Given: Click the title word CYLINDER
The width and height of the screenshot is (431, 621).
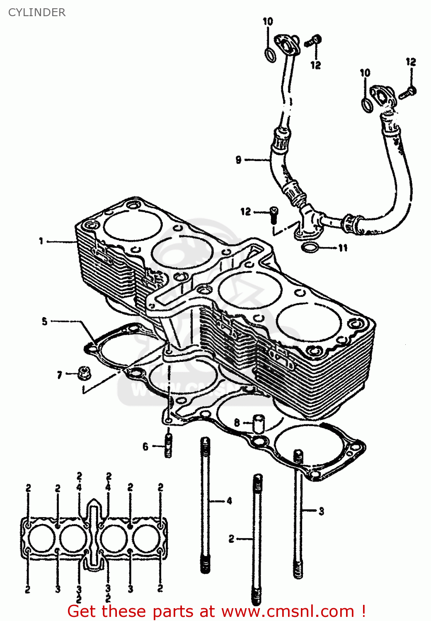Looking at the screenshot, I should (37, 12).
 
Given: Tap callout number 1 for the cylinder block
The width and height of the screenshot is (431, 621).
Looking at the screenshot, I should (41, 241).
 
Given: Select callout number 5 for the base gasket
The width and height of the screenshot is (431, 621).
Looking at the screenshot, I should (45, 321).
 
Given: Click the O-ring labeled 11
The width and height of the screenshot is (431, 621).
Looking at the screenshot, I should (310, 248).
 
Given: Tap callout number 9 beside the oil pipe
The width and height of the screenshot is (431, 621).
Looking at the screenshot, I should (238, 159).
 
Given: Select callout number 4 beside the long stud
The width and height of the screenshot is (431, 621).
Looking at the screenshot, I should (229, 501).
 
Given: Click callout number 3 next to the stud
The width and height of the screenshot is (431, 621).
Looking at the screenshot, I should (321, 511).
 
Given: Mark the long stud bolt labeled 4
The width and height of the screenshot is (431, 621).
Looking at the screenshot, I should (205, 505).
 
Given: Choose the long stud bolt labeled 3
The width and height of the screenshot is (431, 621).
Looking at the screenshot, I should (298, 513).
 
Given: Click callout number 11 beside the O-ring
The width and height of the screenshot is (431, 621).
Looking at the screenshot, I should (343, 248).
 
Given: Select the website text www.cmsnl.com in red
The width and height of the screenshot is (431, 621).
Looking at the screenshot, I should (288, 611).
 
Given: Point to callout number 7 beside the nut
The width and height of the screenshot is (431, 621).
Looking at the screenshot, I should (60, 375).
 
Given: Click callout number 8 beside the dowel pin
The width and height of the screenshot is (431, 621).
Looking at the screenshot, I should (237, 423).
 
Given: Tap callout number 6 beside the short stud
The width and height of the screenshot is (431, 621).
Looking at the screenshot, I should (145, 446).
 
